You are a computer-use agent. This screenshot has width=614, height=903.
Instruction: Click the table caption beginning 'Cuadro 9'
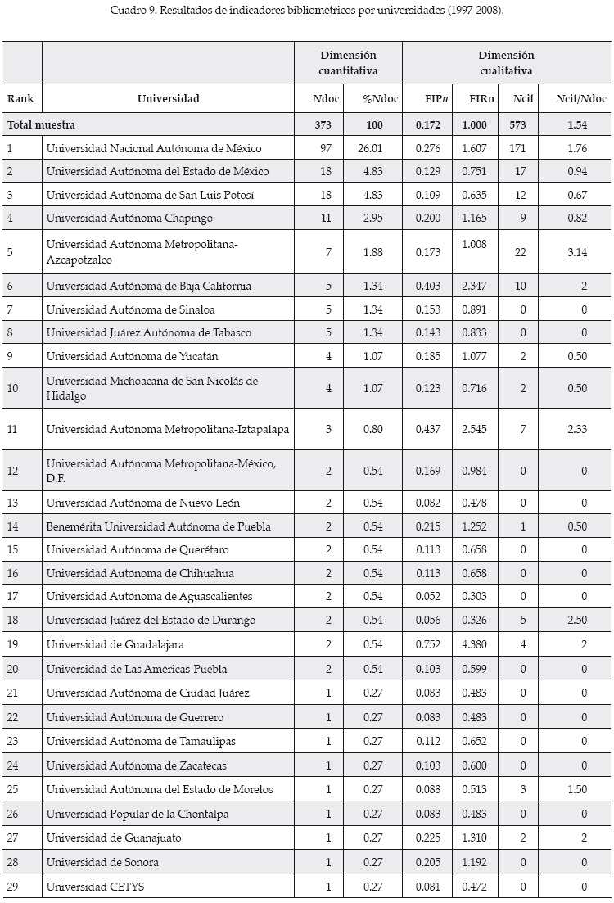pyautogui.click(x=306, y=11)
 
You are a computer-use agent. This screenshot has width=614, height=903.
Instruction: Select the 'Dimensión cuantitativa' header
pyautogui.click(x=348, y=63)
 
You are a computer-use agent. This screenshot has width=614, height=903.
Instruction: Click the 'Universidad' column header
pyautogui.click(x=168, y=99)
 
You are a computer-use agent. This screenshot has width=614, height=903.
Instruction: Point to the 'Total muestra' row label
pyautogui.click(x=41, y=125)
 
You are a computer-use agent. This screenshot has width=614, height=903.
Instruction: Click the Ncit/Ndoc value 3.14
pyautogui.click(x=577, y=251)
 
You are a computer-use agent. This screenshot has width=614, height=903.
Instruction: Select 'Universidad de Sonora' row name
pyautogui.click(x=102, y=862)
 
